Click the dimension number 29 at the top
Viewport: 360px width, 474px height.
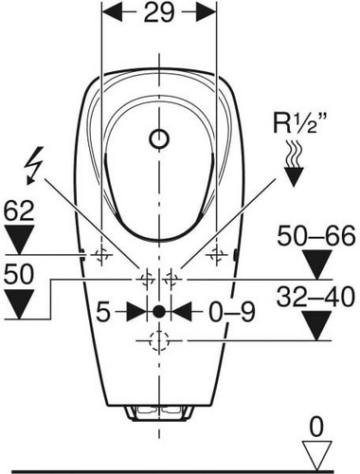pyautogui.click(x=159, y=12)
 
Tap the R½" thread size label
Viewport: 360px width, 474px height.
pyautogui.click(x=295, y=123)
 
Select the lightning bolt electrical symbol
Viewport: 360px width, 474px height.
pyautogui.click(x=34, y=165)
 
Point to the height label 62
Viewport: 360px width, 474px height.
pyautogui.click(x=19, y=211)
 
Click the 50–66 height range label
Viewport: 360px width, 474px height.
pyautogui.click(x=316, y=236)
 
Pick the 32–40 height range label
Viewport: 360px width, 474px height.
pyautogui.click(x=315, y=297)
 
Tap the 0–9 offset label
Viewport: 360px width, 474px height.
pyautogui.click(x=231, y=313)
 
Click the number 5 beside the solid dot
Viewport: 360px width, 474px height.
pyautogui.click(x=103, y=313)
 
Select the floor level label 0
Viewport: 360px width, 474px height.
pyautogui.click(x=316, y=427)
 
